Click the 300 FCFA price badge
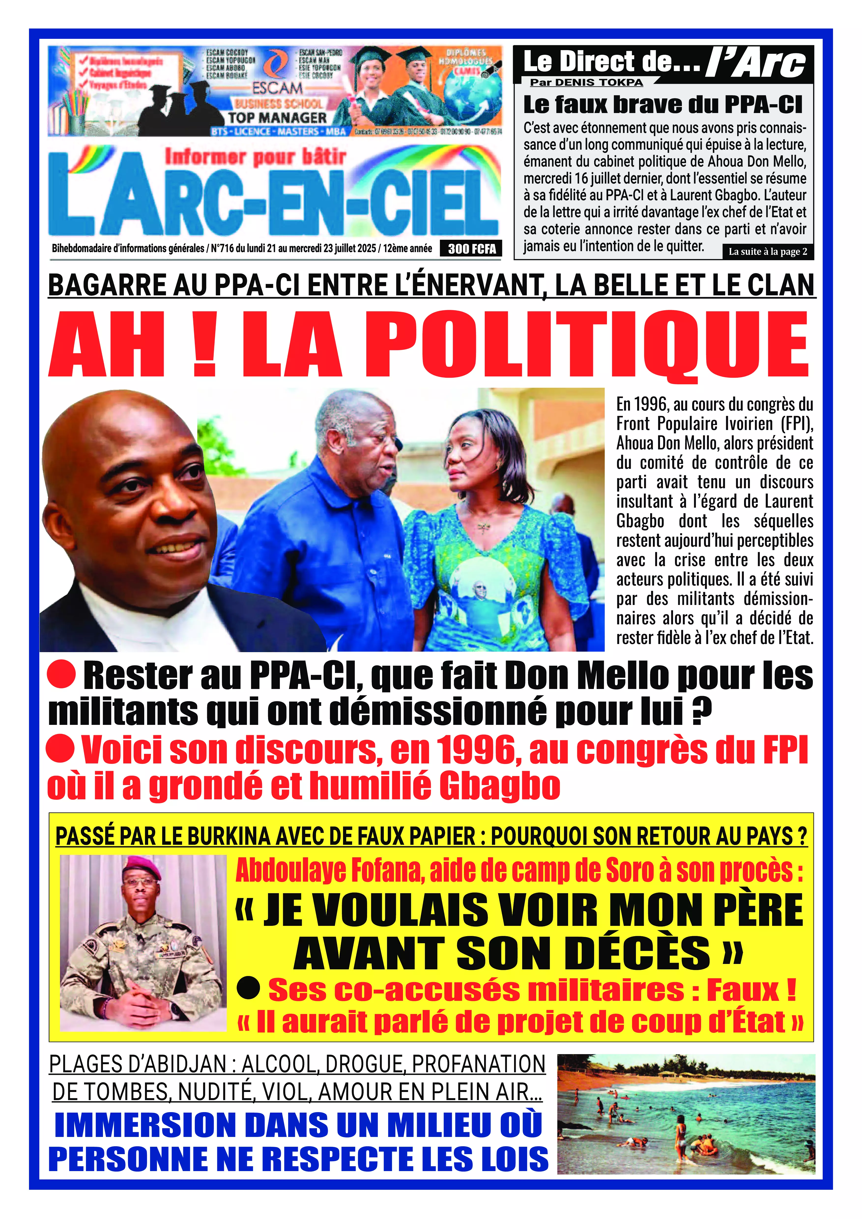click(471, 248)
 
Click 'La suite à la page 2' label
click(768, 252)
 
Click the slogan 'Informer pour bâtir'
click(256, 157)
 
